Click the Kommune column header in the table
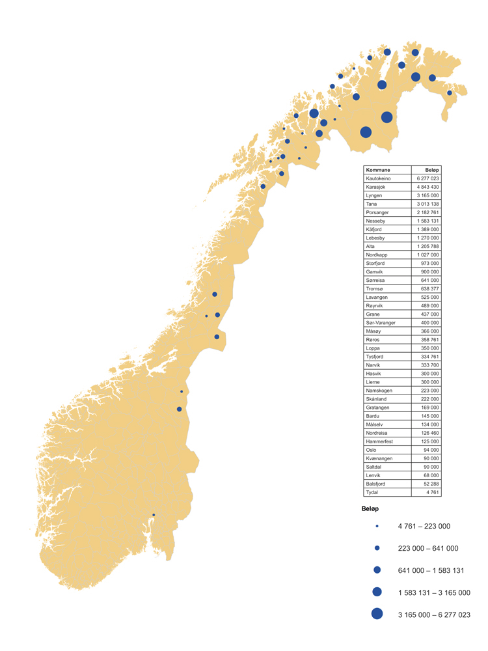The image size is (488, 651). coord(378,170)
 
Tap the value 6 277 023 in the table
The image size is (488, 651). coord(427,178)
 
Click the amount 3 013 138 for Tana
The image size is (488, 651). coord(427,204)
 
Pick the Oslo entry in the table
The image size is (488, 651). coord(372,450)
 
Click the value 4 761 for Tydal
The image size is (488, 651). coord(433,492)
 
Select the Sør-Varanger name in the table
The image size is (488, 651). coord(381,322)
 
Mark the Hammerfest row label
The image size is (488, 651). coord(379,441)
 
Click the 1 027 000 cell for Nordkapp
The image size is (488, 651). coord(427,255)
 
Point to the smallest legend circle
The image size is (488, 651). coord(377,526)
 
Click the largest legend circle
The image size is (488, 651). coord(377,613)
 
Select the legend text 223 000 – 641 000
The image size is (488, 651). coord(427,548)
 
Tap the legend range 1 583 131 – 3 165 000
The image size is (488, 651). coord(433,592)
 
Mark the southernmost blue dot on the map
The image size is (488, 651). coord(154,515)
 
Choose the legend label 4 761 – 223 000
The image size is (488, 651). coord(424,526)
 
